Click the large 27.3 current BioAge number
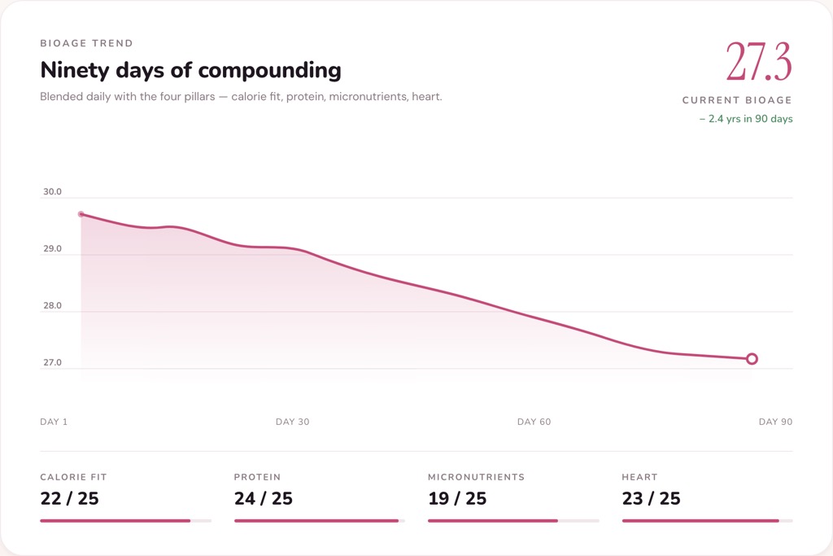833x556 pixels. [758, 62]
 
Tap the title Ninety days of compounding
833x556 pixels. [190, 70]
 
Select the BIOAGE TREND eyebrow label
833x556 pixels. [86, 43]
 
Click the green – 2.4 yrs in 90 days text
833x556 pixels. [746, 119]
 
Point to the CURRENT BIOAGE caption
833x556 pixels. [737, 100]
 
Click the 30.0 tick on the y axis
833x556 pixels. [52, 192]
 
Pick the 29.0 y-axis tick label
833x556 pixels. [52, 249]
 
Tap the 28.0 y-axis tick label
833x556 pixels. [52, 306]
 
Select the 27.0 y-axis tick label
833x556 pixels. [52, 363]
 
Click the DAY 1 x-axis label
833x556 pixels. [54, 422]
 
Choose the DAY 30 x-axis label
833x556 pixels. [292, 422]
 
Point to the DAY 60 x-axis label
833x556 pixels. [534, 422]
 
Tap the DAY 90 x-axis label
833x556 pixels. [775, 422]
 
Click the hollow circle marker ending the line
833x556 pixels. [752, 359]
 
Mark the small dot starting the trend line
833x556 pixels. [81, 214]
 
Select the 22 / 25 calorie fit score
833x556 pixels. [69, 498]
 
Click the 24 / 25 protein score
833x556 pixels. [263, 498]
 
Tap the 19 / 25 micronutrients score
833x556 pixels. [457, 498]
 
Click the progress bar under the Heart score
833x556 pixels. [706, 520]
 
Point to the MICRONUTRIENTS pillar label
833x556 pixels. [476, 477]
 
